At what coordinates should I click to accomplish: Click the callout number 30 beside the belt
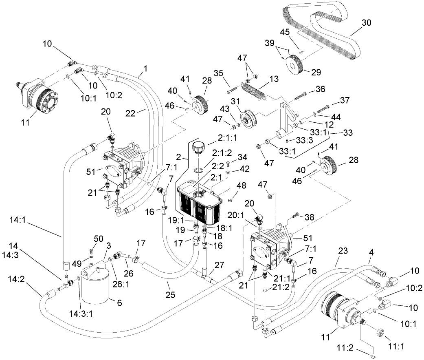(x=367, y=23)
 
